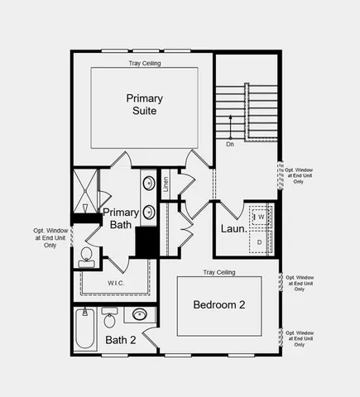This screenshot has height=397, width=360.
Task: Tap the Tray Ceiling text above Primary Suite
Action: (x=145, y=63)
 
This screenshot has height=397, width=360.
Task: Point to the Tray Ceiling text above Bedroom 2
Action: (x=219, y=272)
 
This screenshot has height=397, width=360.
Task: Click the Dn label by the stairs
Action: (x=230, y=143)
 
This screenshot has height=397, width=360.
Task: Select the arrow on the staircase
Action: (x=231, y=125)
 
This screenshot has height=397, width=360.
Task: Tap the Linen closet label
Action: (x=166, y=184)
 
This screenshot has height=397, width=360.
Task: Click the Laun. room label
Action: (x=233, y=228)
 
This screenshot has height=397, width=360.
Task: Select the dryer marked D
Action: (x=260, y=242)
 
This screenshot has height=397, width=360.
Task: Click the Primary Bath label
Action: (x=121, y=218)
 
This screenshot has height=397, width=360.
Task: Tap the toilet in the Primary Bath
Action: (x=86, y=257)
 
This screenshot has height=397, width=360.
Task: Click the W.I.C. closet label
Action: (x=116, y=283)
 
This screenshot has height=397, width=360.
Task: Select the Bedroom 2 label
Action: (x=219, y=304)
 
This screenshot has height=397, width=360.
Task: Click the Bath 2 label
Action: (x=121, y=339)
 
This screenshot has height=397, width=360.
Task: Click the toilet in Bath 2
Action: (x=109, y=318)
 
